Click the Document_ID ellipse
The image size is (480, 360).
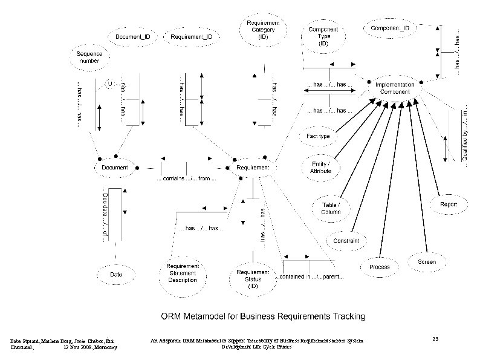(133, 37)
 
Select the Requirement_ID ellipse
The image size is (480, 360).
(191, 37)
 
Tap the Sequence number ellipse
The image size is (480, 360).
(89, 59)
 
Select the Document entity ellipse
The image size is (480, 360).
(114, 167)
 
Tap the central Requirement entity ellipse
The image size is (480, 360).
(252, 167)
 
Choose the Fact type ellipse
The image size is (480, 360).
(318, 136)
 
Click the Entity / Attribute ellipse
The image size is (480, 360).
(320, 168)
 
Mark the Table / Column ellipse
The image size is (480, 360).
(331, 208)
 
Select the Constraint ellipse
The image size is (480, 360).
(346, 241)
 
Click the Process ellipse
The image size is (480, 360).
(379, 267)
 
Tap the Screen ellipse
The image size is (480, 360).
(427, 262)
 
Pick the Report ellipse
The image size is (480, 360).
(448, 205)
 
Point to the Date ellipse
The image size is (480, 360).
(115, 275)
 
